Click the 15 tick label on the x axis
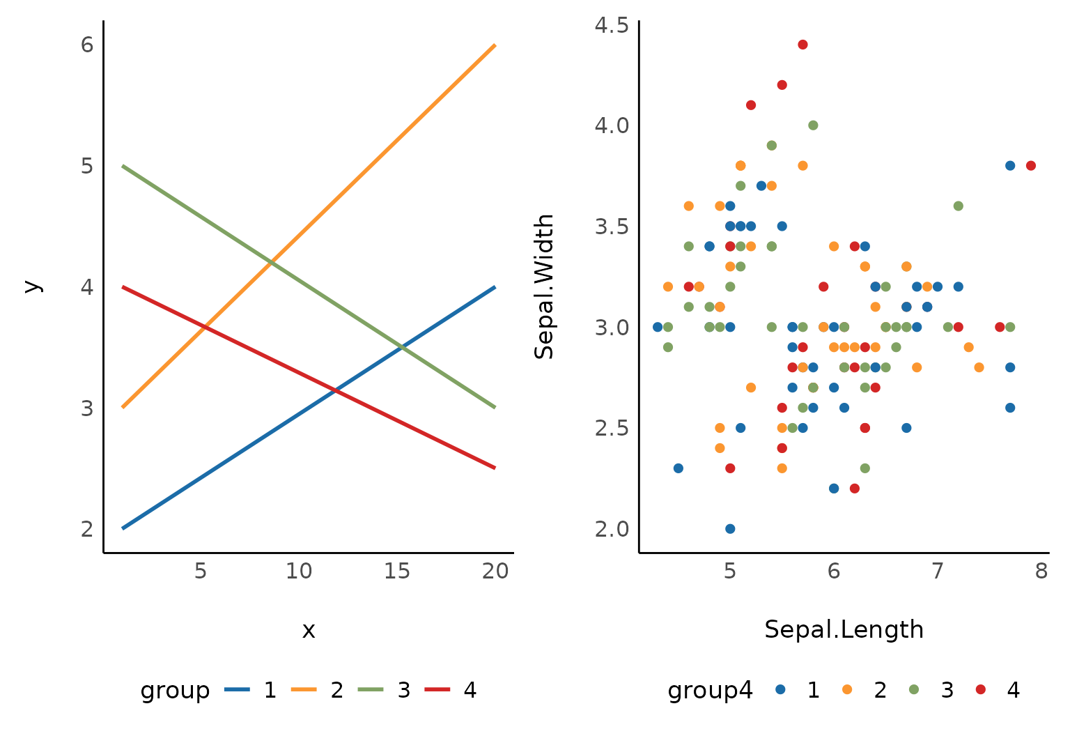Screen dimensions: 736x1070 [397, 572]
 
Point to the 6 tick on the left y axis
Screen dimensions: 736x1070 [87, 45]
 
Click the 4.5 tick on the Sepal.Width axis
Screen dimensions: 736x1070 [612, 26]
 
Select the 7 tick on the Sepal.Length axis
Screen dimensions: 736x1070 [937, 572]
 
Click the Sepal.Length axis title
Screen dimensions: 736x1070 [844, 630]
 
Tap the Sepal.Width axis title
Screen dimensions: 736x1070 [544, 286]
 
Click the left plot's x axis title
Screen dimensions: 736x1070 [309, 631]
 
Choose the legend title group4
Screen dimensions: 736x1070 [710, 691]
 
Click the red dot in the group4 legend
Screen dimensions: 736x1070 [981, 690]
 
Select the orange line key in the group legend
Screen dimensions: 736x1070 [304, 690]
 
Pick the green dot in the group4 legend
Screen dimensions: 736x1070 [914, 690]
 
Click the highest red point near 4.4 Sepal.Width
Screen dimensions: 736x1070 [802, 45]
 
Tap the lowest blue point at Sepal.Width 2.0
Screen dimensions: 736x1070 [730, 528]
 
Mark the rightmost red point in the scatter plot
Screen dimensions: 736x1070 [1031, 166]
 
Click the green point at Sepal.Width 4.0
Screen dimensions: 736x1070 [813, 125]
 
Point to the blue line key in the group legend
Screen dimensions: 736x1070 [237, 690]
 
